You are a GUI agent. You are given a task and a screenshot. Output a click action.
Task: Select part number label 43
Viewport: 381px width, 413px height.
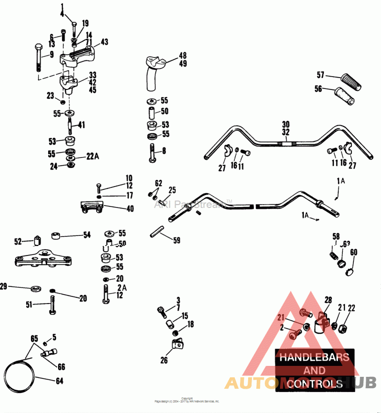tap(104, 42)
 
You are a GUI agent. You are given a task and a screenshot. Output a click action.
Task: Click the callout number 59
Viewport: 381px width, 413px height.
tap(176, 241)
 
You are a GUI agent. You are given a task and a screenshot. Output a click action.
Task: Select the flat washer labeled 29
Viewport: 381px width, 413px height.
tap(35, 288)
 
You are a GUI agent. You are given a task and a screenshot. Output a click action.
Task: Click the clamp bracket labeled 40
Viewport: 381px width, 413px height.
tap(91, 207)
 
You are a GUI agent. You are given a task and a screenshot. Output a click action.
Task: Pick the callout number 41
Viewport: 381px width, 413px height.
tap(81, 125)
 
